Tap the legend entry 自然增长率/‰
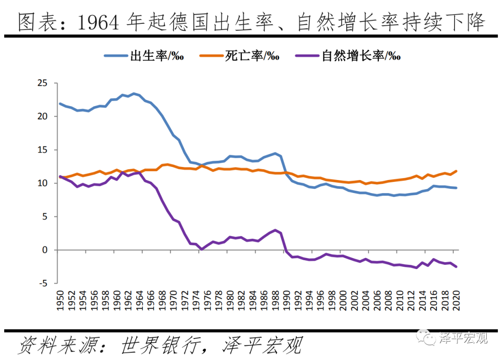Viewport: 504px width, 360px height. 361,56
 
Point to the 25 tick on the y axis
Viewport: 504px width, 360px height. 43,83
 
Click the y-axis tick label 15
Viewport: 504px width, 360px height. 43,150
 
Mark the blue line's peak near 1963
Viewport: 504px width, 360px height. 134,93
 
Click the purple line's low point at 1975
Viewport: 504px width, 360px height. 202,249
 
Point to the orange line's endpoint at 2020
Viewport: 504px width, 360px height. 456,171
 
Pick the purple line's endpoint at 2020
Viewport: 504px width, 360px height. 456,267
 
